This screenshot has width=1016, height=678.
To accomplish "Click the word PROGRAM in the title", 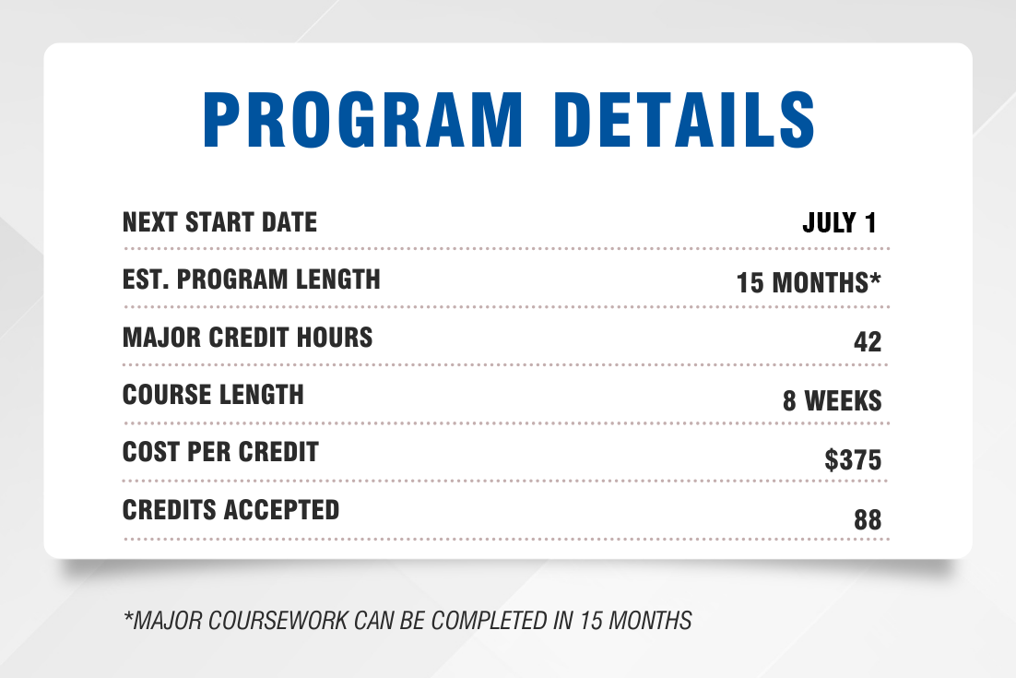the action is coord(363,120).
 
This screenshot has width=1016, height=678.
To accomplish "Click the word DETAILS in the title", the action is coord(684,120).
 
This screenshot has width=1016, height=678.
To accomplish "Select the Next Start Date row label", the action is coord(219,222).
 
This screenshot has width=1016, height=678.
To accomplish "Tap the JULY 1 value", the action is coord(840,223).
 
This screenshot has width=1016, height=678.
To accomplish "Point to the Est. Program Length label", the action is coord(252,280).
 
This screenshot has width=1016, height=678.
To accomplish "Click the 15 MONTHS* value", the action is coord(809,282).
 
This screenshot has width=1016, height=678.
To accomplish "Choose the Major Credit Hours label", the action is coord(247,338).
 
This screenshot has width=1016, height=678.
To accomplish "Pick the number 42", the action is coord(868,341).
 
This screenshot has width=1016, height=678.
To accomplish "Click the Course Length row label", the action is coord(213,395).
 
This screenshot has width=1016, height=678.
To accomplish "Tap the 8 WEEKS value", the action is coord(832,400).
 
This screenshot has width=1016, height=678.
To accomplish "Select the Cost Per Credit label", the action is coord(220,452).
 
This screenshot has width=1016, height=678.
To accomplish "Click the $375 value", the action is coord(853,459).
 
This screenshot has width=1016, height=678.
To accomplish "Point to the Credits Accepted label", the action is coord(230,509).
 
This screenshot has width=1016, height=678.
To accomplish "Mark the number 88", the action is coord(868,520).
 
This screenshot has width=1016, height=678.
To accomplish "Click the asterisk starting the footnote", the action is coord(127,616).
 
